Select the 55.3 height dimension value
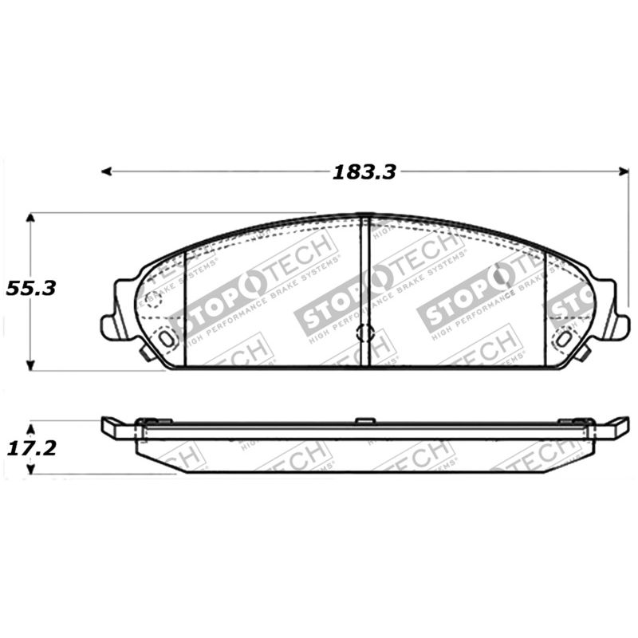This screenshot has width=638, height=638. (30, 289)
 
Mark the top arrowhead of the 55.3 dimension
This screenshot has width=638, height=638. (30, 218)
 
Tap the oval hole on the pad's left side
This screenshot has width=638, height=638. (166, 338)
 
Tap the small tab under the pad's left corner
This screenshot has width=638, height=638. (146, 352)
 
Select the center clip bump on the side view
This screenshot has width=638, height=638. (364, 419)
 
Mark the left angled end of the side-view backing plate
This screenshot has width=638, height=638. (112, 426)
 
